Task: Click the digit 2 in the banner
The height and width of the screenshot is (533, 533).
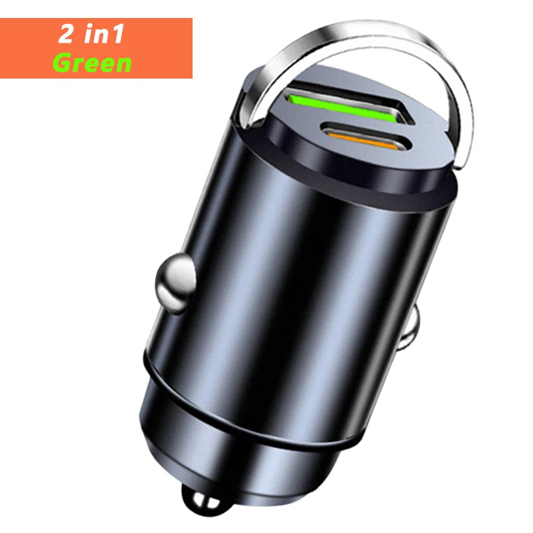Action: (65, 34)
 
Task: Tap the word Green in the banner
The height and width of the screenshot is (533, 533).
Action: (92, 63)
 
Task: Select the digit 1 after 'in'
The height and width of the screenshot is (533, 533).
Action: (118, 34)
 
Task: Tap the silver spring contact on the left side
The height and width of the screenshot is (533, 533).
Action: (176, 282)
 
